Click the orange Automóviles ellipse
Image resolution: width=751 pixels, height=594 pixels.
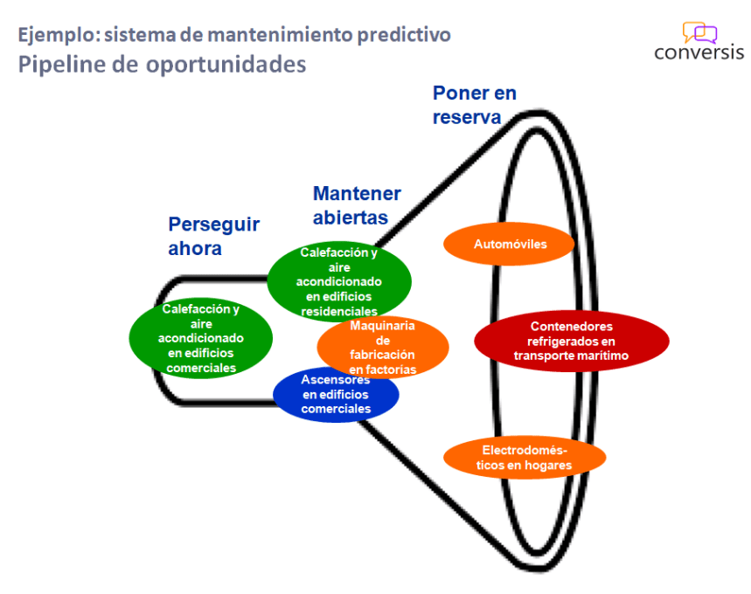pos(510,245)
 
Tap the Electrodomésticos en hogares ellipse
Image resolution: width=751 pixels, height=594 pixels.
pos(525,457)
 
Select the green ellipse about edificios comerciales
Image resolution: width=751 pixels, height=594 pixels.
pos(201,339)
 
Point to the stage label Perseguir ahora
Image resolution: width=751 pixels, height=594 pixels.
pos(213,236)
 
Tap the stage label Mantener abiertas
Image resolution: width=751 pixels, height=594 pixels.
pos(357,205)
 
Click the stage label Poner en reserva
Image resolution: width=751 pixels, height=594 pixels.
pos(474,105)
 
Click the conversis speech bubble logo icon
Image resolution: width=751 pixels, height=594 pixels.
pos(699,33)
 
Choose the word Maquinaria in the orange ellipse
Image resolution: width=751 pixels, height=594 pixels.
pos(382,327)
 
